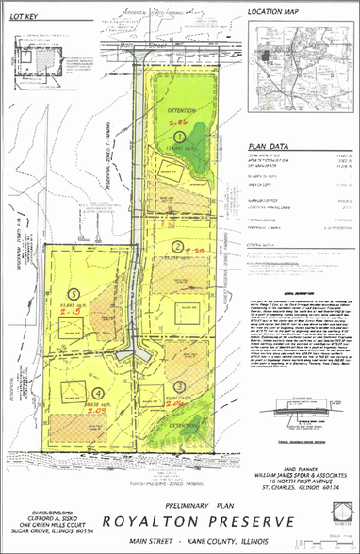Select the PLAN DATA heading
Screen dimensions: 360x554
click(269, 147)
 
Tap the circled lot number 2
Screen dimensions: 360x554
click(177, 246)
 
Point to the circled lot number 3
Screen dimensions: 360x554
click(179, 387)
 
